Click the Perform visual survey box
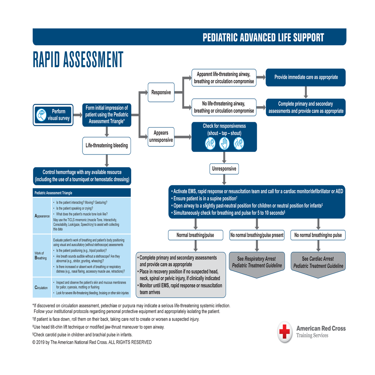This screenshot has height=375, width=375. click(x=52, y=115)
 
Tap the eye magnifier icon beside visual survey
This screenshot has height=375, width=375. click(x=41, y=115)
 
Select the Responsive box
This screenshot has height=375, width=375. click(x=161, y=92)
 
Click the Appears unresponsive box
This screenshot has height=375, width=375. click(x=161, y=136)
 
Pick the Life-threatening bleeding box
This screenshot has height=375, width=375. click(x=107, y=145)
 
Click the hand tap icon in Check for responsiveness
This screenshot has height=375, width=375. click(x=224, y=142)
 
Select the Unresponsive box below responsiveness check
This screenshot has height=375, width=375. click(x=224, y=169)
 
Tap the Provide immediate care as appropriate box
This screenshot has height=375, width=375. click(x=306, y=77)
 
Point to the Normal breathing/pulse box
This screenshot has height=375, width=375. click(x=195, y=235)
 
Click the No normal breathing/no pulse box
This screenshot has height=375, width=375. click(x=318, y=235)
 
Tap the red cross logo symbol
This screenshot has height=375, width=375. click(x=285, y=331)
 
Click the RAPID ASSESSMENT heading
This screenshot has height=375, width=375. click(x=78, y=60)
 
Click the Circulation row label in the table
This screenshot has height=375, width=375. click(x=41, y=288)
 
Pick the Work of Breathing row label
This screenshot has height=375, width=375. click(x=41, y=256)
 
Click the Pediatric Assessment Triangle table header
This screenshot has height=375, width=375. click(x=82, y=193)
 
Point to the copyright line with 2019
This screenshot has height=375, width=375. click(x=92, y=342)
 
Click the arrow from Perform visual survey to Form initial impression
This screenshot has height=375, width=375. click(x=77, y=115)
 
